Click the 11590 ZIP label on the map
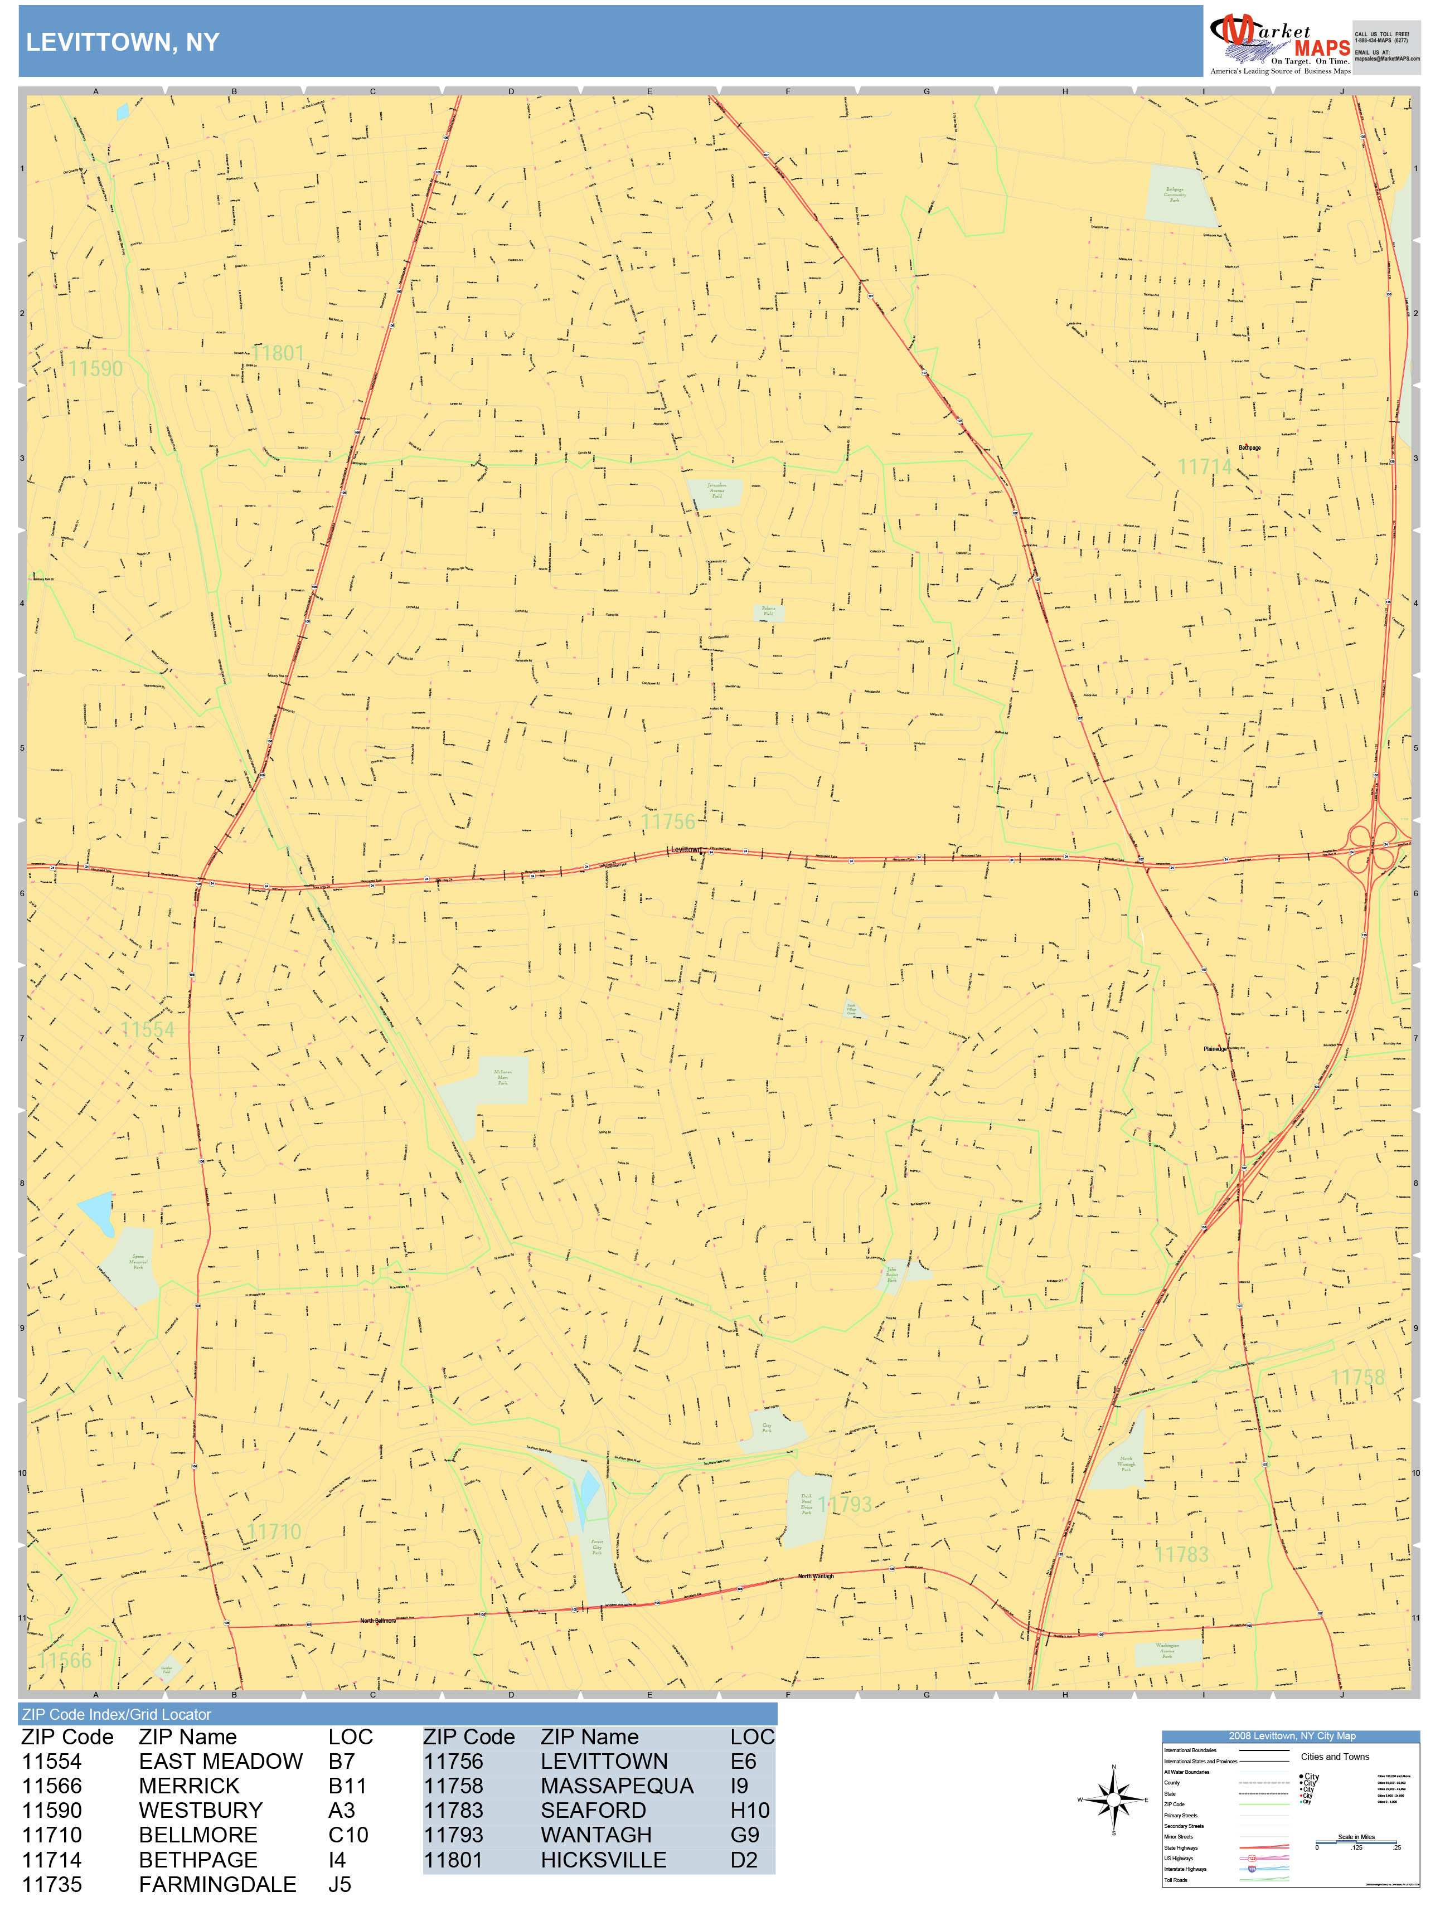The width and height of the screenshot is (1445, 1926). [96, 369]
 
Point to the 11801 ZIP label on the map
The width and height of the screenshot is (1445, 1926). [279, 353]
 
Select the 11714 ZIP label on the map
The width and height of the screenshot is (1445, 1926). [1205, 466]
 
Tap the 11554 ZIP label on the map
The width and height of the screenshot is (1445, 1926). [147, 1030]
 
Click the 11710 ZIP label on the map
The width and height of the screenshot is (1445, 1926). [274, 1531]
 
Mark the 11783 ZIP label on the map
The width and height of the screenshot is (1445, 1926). [1181, 1554]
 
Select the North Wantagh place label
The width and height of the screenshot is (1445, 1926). [816, 1576]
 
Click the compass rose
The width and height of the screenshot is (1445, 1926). [1113, 1799]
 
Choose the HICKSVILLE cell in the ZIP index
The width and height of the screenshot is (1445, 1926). [603, 1860]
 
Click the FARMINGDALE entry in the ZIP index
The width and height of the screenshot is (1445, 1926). [217, 1884]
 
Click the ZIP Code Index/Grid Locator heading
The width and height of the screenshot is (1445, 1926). [117, 1714]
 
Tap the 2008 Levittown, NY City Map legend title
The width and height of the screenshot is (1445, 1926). [1291, 1736]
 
